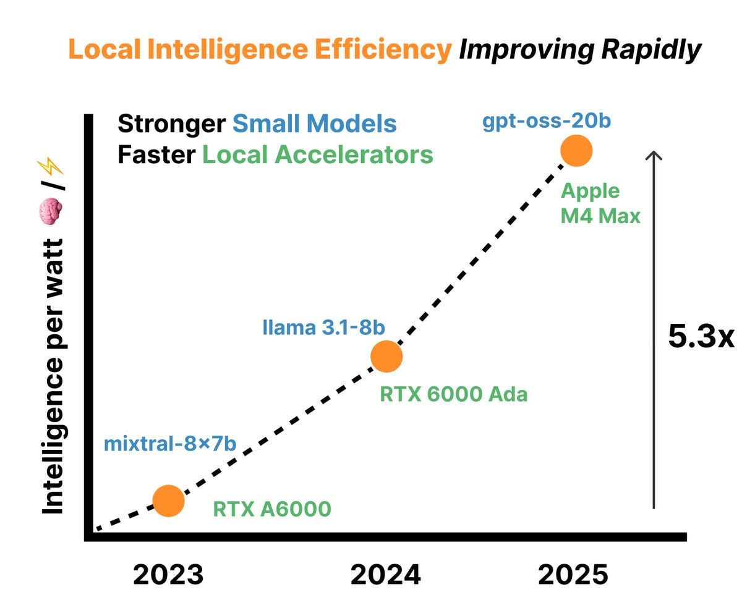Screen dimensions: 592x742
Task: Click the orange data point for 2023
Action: tap(168, 501)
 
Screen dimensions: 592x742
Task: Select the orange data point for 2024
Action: tap(386, 356)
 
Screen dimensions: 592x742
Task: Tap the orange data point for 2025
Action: tap(576, 151)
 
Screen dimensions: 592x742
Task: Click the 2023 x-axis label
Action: tap(168, 575)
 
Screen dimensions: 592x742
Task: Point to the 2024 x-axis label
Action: tap(386, 575)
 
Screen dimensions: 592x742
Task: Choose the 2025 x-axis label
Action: tap(573, 575)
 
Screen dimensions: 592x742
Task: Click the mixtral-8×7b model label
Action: tap(170, 443)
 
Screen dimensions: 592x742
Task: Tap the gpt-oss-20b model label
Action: tap(547, 120)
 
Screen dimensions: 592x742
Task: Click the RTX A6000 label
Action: tap(272, 509)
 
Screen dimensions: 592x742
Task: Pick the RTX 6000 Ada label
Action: tap(453, 394)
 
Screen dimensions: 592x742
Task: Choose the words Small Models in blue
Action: tap(315, 124)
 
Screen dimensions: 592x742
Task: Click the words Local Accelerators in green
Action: tap(318, 154)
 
